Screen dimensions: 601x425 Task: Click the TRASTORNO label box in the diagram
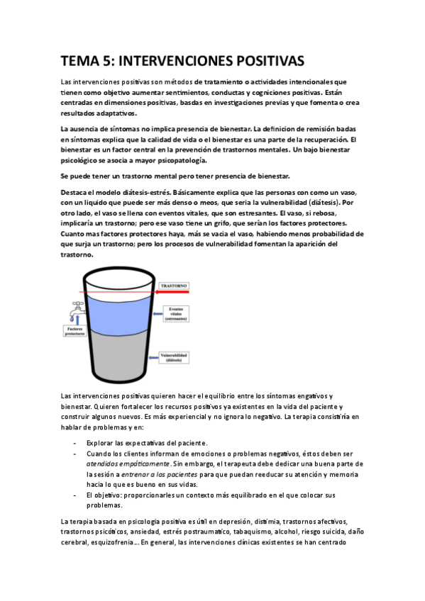pyautogui.click(x=175, y=266)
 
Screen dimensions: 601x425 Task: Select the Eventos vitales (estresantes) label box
pyautogui.click(x=175, y=313)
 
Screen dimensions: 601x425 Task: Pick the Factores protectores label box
pyautogui.click(x=75, y=331)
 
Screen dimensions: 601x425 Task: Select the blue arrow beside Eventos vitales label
pyautogui.click(x=153, y=313)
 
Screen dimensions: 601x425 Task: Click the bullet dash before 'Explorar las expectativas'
pyautogui.click(x=75, y=443)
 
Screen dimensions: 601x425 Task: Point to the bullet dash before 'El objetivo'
pyautogui.click(x=75, y=494)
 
